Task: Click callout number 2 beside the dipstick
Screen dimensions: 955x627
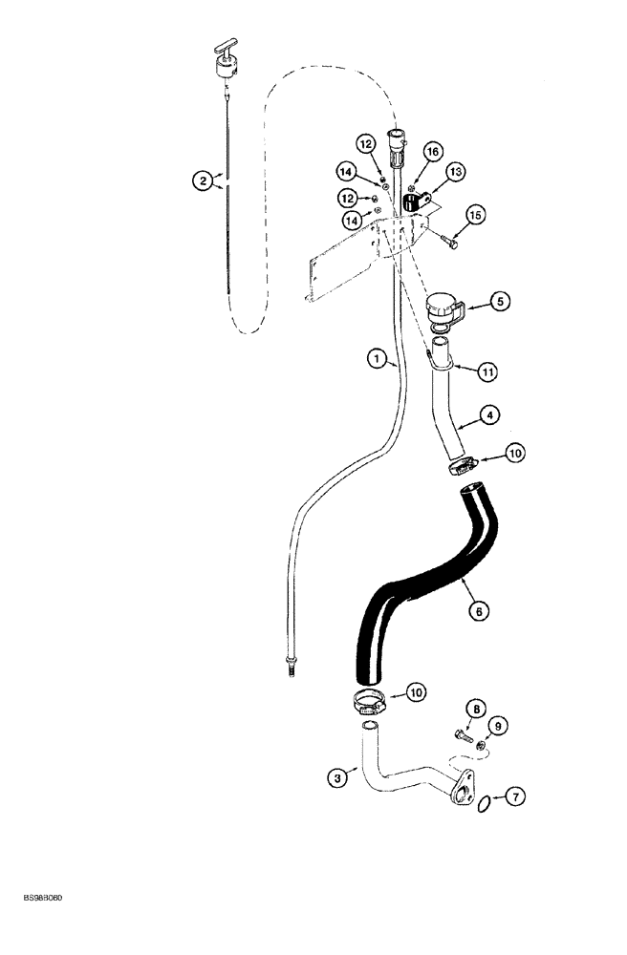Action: (202, 180)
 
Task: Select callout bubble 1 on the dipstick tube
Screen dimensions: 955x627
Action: (378, 359)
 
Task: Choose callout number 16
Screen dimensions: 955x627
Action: (433, 151)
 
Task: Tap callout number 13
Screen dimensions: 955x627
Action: (453, 171)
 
